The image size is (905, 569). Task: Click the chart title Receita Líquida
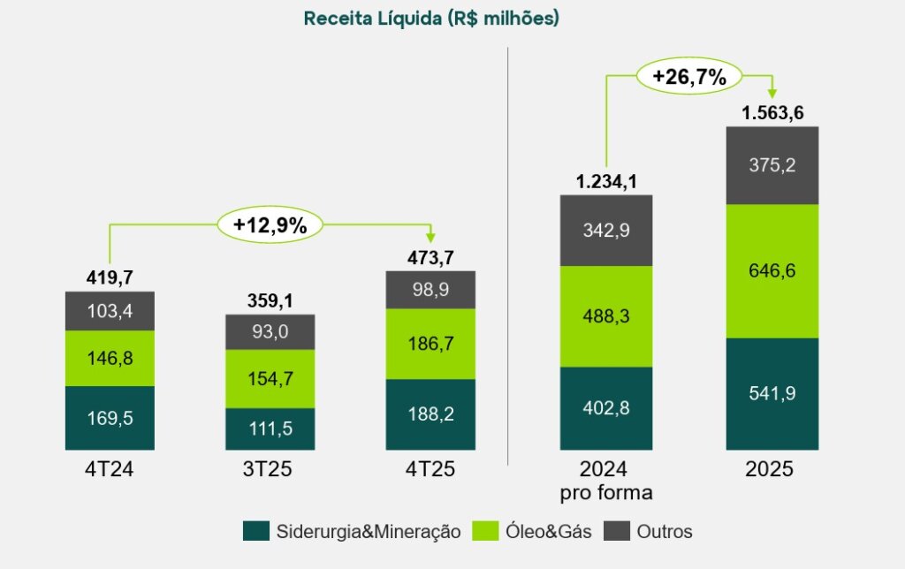pos(430,19)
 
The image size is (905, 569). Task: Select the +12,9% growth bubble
pos(270,225)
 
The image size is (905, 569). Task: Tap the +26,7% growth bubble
pos(688,76)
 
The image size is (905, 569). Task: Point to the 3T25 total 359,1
pos(270,301)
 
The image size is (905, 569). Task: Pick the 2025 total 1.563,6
pos(772,113)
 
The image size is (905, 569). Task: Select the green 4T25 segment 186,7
pos(430,344)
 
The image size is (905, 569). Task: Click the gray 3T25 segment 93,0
pos(270,332)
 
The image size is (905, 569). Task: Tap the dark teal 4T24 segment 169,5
pos(110,418)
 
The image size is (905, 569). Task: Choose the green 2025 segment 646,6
pos(772,270)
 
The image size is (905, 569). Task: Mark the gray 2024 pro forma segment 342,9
pos(606,230)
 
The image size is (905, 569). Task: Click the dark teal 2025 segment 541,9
pos(772,393)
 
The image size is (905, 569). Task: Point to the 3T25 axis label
pos(270,470)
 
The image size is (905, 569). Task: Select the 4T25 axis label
pos(430,470)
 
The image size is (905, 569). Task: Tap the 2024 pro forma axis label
pos(606,480)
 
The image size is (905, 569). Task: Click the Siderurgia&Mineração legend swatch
pos(255,531)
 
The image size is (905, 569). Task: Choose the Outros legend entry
pos(649,531)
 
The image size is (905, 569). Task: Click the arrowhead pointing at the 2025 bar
pos(772,93)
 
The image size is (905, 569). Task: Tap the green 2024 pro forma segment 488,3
pos(606,315)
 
